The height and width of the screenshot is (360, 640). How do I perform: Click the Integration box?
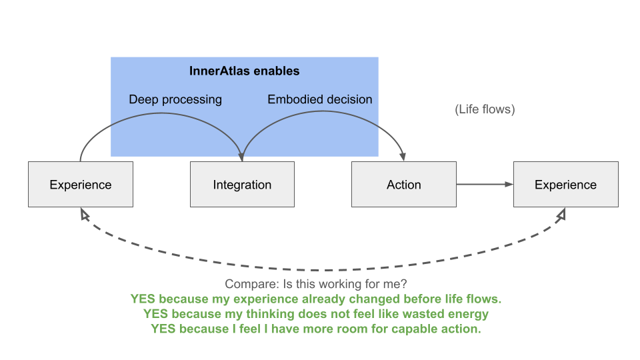tap(242, 184)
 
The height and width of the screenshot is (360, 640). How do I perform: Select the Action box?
tap(404, 184)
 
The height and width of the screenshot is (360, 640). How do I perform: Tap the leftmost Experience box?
tap(81, 184)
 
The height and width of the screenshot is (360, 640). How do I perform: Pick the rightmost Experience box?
tap(566, 184)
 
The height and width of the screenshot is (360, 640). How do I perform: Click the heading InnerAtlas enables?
tap(244, 71)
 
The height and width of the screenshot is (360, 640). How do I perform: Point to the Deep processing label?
tap(175, 99)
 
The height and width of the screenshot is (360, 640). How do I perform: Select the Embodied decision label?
tap(319, 99)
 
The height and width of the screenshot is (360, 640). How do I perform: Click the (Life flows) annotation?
tap(485, 109)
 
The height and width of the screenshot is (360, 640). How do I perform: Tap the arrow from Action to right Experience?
tap(485, 184)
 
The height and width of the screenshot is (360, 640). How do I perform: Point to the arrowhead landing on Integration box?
tap(241, 157)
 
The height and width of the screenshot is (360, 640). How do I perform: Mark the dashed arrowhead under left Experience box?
tap(85, 213)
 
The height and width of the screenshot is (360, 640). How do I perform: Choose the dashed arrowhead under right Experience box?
tap(561, 213)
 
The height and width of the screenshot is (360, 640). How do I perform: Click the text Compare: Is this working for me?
tap(315, 284)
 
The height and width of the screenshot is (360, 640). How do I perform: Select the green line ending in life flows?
tap(315, 299)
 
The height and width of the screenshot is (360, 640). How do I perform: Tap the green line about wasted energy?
tap(315, 314)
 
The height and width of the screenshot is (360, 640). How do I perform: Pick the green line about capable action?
tap(315, 329)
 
